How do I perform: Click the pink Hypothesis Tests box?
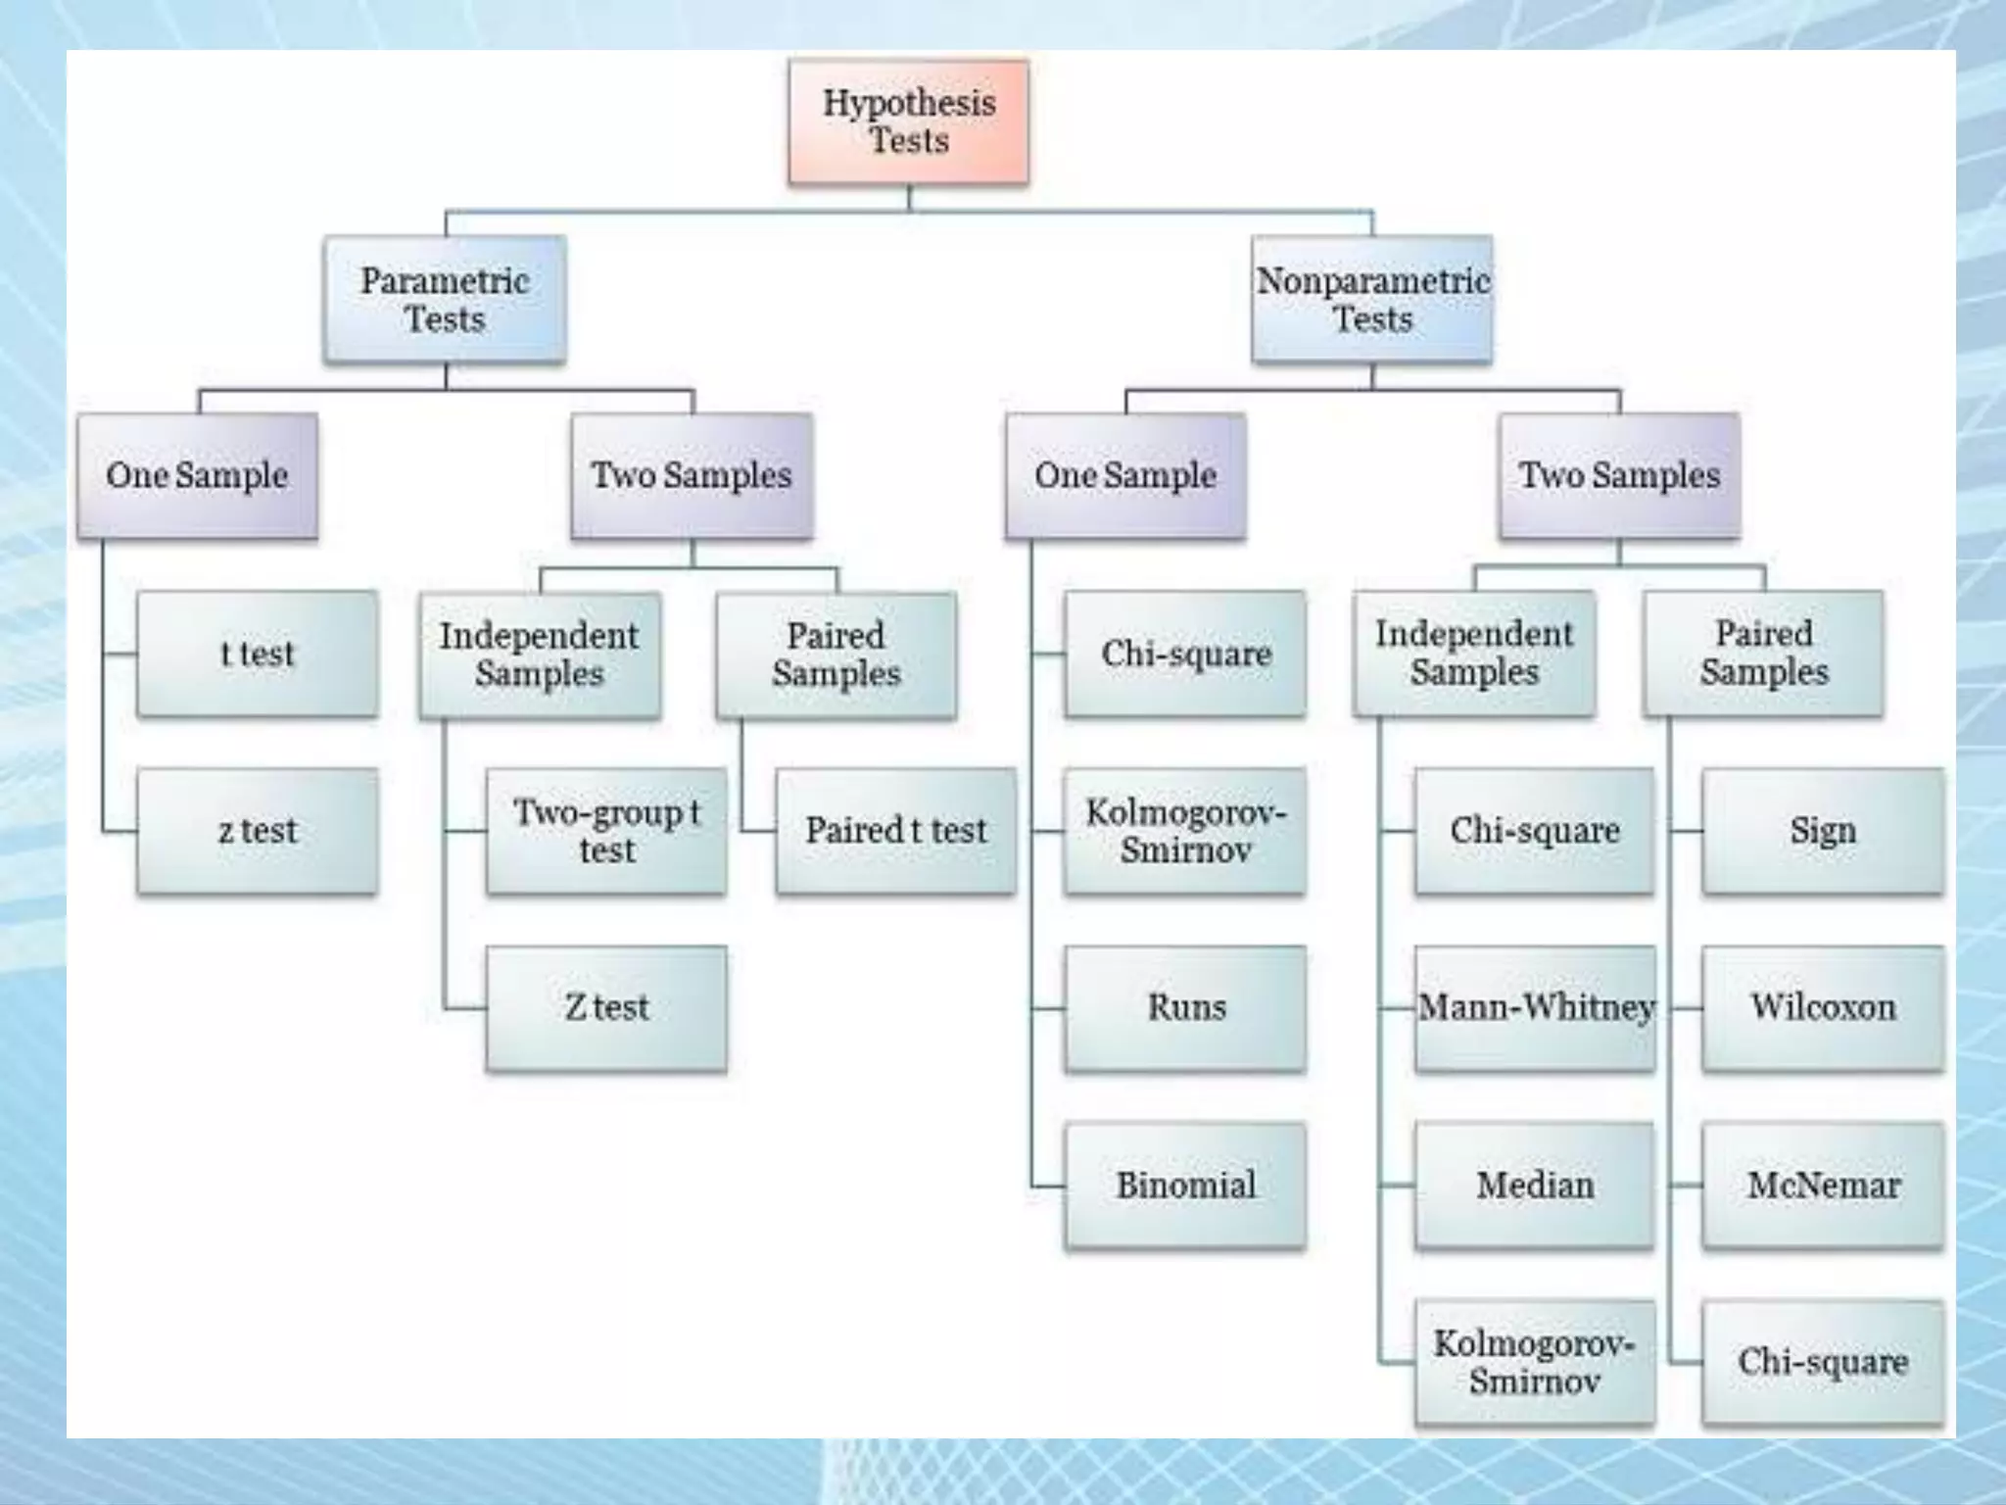click(x=909, y=121)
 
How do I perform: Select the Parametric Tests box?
click(x=445, y=299)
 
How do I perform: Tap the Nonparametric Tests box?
click(x=1372, y=299)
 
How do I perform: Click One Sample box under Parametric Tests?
click(x=197, y=475)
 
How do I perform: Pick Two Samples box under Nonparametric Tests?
click(x=1619, y=475)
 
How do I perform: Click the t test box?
click(x=257, y=654)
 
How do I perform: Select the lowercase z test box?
click(x=257, y=831)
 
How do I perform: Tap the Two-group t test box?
click(x=606, y=831)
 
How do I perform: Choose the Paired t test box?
click(x=895, y=831)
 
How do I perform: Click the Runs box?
click(x=1185, y=1007)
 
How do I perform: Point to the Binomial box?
click(x=1185, y=1185)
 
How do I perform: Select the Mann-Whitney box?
click(x=1535, y=1007)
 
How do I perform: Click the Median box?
click(x=1535, y=1185)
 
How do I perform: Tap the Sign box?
click(x=1823, y=831)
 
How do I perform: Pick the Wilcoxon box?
click(x=1823, y=1007)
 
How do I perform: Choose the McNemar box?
click(x=1823, y=1185)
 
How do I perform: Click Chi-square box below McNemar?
click(x=1823, y=1362)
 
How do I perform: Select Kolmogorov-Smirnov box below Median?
click(x=1535, y=1362)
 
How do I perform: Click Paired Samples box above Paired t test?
click(x=836, y=655)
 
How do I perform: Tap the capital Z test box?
click(x=606, y=1007)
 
